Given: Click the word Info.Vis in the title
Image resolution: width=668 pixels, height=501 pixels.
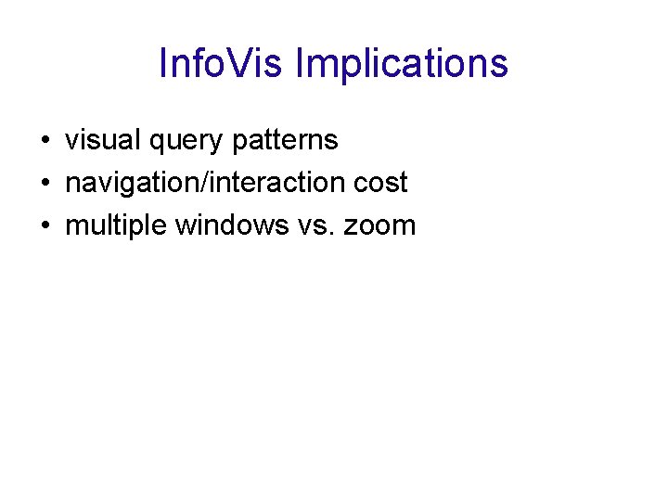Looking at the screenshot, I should (x=223, y=64).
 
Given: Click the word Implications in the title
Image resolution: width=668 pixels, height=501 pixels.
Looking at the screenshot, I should (x=403, y=64).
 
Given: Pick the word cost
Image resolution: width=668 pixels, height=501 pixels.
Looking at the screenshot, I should (x=384, y=183).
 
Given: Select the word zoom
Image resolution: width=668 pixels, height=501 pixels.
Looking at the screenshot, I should (x=381, y=225).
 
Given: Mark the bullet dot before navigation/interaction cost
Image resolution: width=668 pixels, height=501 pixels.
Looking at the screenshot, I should (x=45, y=184).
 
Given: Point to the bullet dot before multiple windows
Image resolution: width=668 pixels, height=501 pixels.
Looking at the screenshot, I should (x=45, y=225).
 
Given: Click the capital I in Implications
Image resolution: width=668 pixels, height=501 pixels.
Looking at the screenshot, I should (x=300, y=64).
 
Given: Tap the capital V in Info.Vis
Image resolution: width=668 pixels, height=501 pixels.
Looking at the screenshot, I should (x=251, y=64).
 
